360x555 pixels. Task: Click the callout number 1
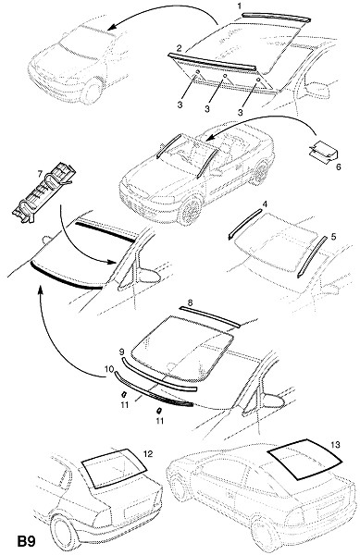[240, 6]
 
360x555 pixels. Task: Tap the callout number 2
[180, 48]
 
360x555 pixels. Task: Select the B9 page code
[27, 541]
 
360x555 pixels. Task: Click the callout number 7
[40, 174]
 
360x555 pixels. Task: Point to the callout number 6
[338, 166]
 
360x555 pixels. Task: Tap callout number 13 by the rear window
[335, 445]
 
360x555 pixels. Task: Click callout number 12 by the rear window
[148, 453]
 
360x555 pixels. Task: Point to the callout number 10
[108, 369]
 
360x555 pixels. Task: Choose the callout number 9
[121, 351]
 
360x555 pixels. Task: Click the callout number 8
[190, 303]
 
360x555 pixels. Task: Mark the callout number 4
[265, 203]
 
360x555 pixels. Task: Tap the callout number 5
[333, 237]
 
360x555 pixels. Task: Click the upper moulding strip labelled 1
[276, 17]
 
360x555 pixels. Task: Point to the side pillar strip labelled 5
[312, 256]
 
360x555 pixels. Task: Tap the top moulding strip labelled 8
[209, 315]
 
